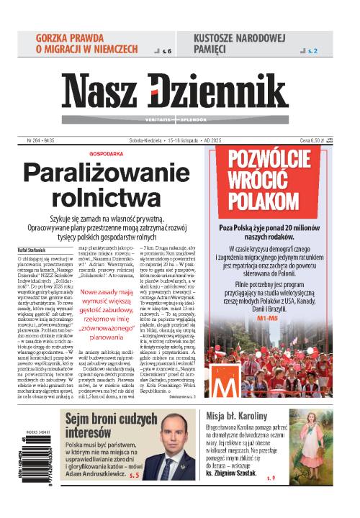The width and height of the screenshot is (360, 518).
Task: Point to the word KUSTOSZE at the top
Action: point(222,37)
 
